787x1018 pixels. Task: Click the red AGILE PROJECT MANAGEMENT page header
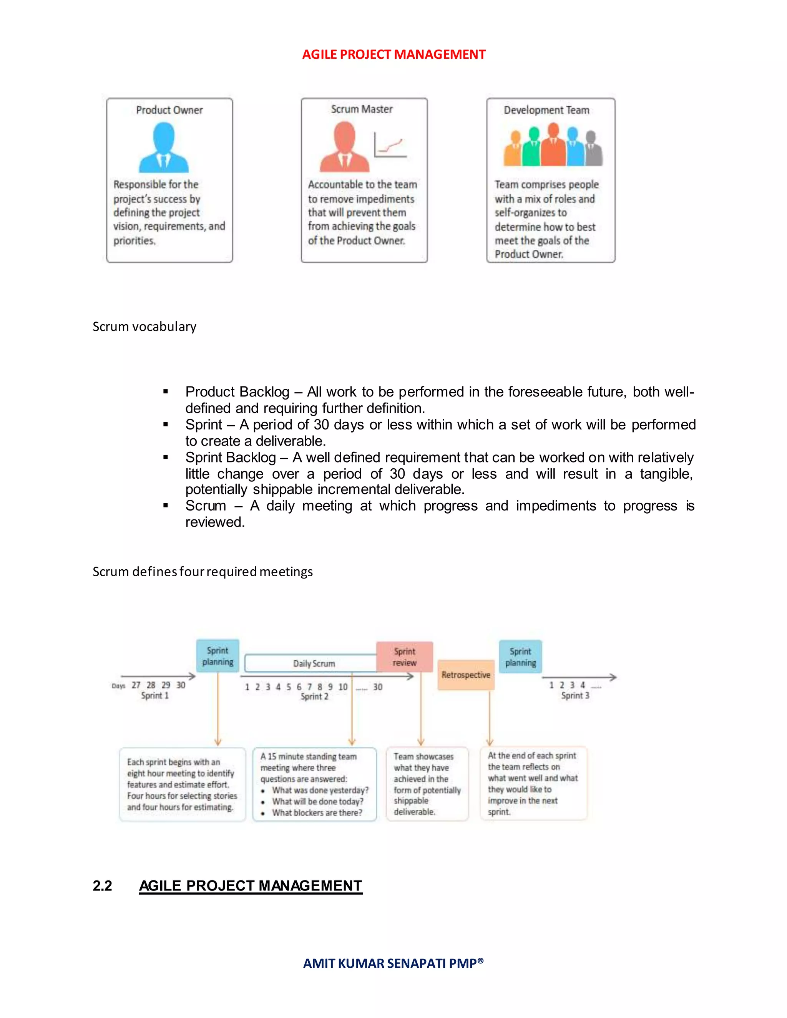(393, 55)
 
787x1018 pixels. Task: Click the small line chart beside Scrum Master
(390, 146)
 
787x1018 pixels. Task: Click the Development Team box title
(546, 110)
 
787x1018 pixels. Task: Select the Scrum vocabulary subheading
(144, 326)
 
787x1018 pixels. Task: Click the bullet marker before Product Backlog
(166, 392)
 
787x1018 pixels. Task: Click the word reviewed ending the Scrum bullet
(214, 522)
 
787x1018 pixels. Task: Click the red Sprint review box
(404, 657)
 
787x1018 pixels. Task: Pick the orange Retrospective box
(465, 675)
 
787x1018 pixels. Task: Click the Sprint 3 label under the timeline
(575, 695)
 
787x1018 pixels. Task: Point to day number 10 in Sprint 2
(343, 686)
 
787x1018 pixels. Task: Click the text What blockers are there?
(317, 813)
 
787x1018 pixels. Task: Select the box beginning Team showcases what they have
(427, 784)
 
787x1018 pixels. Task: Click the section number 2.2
(102, 885)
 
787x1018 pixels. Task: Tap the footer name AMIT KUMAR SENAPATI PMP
(393, 963)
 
